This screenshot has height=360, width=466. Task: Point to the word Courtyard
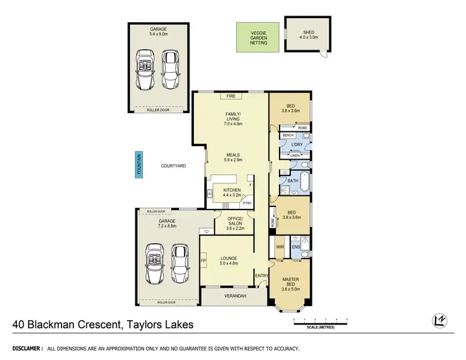(173, 166)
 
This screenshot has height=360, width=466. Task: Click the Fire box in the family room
(231, 96)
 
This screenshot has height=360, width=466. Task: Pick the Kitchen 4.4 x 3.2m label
(231, 192)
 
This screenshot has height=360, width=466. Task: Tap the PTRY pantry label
(247, 203)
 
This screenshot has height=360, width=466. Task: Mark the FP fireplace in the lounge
(203, 261)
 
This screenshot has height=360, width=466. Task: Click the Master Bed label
(291, 283)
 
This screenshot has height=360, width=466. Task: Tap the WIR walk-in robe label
(280, 247)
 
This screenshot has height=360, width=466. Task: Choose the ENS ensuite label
(296, 247)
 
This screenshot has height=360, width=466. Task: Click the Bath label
(293, 181)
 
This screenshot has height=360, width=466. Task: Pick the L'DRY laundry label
(296, 144)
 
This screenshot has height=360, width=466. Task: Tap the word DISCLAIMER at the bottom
(24, 348)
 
